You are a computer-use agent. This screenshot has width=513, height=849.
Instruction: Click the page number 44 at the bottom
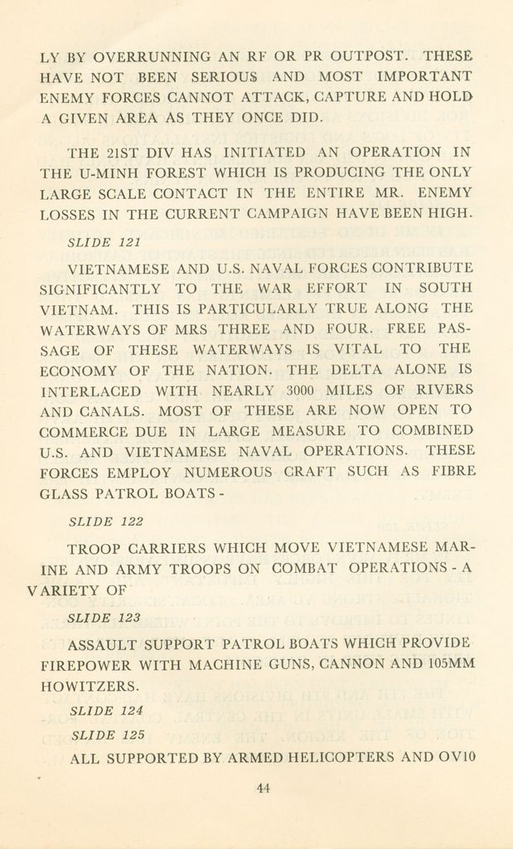coord(263,788)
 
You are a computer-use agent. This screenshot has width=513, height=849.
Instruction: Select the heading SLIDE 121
coord(104,243)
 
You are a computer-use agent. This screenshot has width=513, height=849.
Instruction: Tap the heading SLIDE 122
coord(106,522)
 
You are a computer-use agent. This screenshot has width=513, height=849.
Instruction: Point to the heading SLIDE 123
coord(104,618)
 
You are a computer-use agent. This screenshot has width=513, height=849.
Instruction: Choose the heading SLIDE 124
coord(106,711)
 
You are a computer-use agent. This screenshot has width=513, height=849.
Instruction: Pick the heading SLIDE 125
coord(106,735)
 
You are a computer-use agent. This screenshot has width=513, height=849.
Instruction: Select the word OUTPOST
coord(369,57)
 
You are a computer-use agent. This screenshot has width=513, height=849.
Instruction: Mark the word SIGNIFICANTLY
coord(100,289)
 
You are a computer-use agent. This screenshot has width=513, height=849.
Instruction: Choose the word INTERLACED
coord(90,390)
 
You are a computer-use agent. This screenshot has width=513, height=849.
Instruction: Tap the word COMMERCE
coord(87,431)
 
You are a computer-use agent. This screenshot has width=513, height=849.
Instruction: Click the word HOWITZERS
coord(90,686)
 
